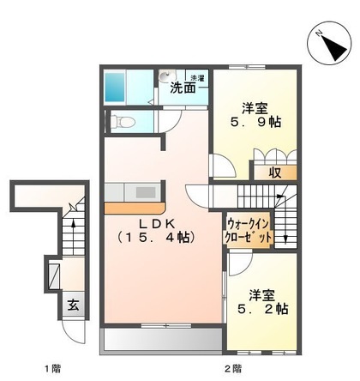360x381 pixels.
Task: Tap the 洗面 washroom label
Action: click(182, 88)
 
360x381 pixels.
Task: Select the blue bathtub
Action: click(117, 87)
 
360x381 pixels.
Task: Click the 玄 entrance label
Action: click(74, 303)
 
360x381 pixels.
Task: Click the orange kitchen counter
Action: click(135, 208)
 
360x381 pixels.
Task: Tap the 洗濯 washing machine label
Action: click(196, 76)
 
